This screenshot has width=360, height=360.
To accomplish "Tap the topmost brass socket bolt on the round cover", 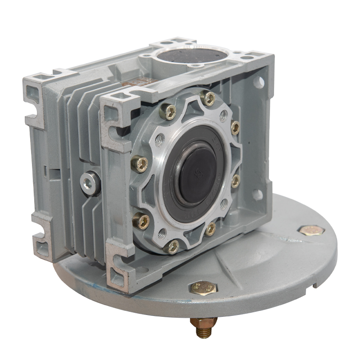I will (x=208, y=98).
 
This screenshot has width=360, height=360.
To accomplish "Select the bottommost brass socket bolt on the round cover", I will (x=172, y=246).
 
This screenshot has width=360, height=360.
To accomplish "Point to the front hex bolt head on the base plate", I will (x=202, y=287).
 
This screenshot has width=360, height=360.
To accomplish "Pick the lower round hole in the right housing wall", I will (x=257, y=195).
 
